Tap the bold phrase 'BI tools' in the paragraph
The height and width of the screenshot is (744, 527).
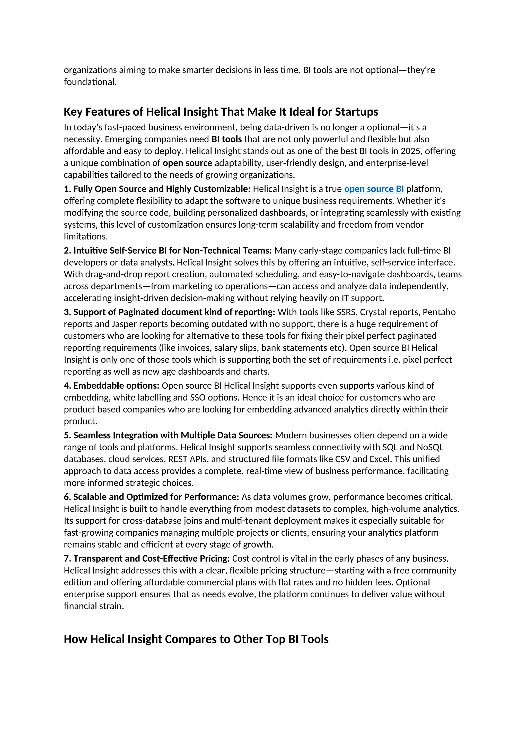[x=226, y=139]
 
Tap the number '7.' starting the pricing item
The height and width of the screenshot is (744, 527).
[x=67, y=559]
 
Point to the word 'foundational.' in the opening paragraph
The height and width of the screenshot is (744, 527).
[x=90, y=82]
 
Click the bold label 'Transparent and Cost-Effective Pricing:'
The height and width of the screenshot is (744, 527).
[x=152, y=559]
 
